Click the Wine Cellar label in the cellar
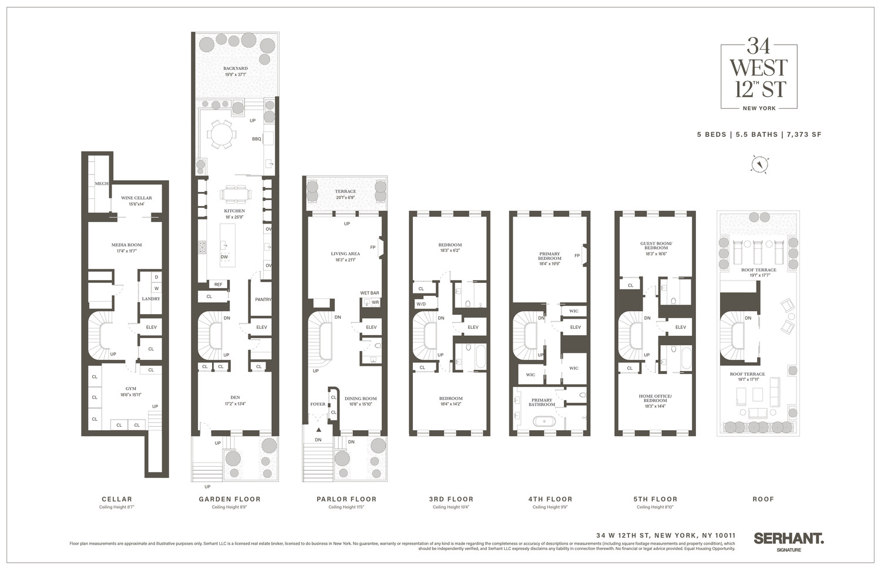136,198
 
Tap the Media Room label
127,245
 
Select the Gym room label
131,389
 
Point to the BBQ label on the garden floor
256,139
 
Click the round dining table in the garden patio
222,135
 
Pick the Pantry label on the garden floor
263,299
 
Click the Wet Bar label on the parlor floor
369,293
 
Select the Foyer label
318,404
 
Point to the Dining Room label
361,399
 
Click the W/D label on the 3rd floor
421,304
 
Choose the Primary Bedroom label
550,257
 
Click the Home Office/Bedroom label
655,398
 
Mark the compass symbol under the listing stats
759,164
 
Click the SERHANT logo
788,538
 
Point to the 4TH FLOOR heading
550,499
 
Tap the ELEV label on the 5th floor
680,327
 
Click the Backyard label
235,69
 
